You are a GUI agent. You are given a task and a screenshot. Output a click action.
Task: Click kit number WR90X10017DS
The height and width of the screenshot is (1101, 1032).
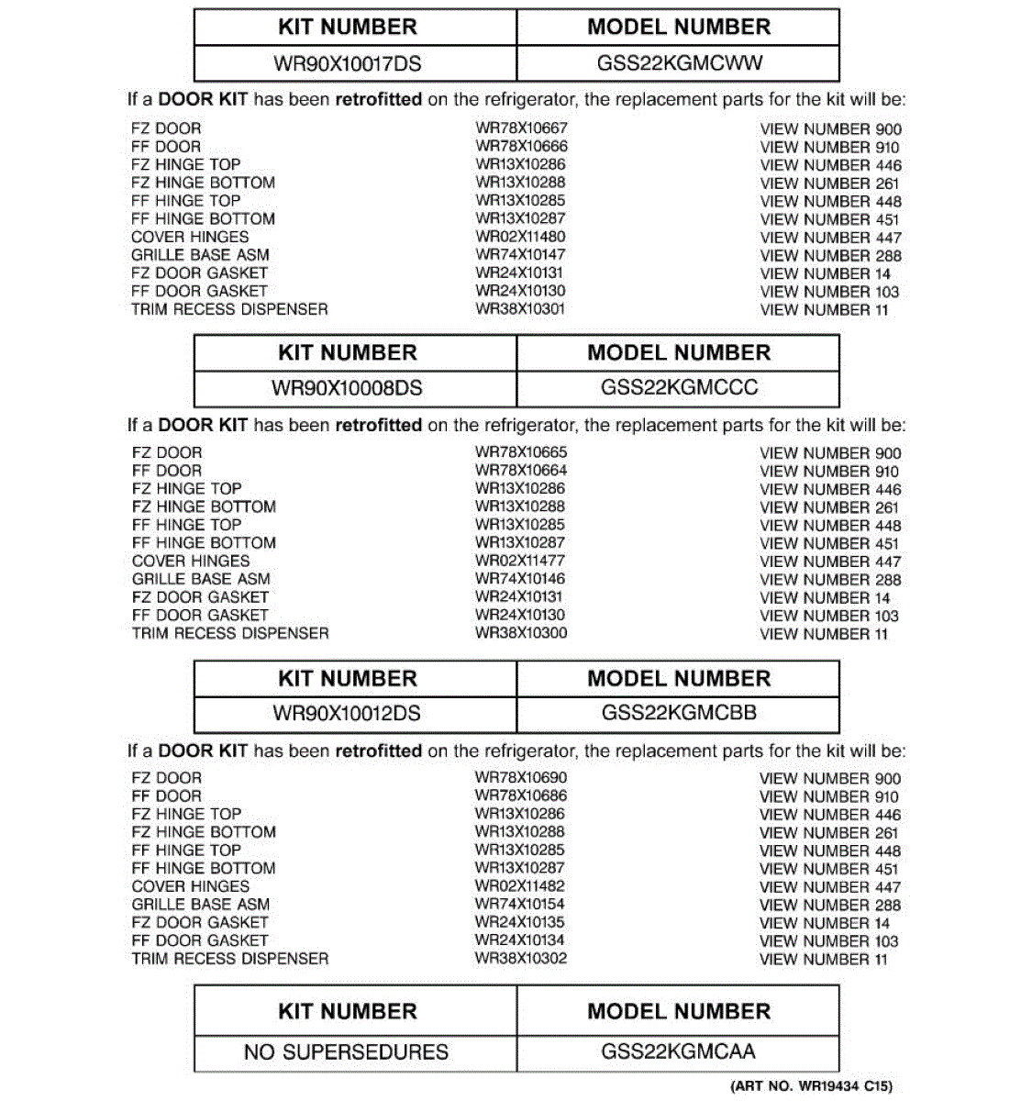(x=347, y=64)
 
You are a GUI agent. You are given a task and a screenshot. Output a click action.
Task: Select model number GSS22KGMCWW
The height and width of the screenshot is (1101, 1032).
(x=679, y=63)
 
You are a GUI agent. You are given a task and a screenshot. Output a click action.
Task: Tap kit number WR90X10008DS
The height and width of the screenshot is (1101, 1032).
(x=347, y=388)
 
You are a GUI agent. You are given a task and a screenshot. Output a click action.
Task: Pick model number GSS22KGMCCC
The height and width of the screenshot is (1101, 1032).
(x=679, y=387)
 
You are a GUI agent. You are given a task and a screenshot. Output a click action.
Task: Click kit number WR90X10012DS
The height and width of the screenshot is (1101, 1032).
(x=347, y=713)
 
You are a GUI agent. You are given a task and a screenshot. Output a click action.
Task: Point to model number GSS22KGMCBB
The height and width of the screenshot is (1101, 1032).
(x=679, y=713)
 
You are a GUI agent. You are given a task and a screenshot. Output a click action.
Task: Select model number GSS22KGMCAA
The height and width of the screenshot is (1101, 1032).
(x=679, y=1051)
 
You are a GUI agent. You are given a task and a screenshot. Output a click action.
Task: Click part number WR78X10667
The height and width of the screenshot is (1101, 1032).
(x=521, y=128)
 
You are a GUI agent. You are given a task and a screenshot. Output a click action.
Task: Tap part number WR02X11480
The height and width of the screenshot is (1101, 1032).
(x=520, y=237)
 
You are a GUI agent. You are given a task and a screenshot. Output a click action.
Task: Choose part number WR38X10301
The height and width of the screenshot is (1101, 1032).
(x=520, y=309)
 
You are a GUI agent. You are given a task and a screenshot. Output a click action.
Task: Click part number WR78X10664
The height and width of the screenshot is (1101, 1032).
(x=521, y=471)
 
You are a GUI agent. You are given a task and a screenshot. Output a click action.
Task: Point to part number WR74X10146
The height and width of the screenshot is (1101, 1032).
(x=520, y=579)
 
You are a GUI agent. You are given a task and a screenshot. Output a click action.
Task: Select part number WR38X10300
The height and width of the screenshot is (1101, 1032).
(x=521, y=633)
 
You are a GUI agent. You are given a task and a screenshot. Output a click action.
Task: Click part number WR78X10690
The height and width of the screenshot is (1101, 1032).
(x=521, y=777)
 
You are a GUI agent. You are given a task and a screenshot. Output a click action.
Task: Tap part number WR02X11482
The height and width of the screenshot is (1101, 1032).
(x=520, y=886)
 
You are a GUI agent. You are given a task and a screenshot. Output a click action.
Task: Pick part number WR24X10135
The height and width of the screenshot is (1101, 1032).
(x=520, y=922)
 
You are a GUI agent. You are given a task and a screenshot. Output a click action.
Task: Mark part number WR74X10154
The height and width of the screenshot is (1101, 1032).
(x=520, y=904)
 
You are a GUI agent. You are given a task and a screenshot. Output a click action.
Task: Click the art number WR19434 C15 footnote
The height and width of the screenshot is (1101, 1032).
(x=811, y=1086)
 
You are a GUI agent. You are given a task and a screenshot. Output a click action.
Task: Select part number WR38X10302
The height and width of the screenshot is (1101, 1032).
(x=521, y=959)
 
